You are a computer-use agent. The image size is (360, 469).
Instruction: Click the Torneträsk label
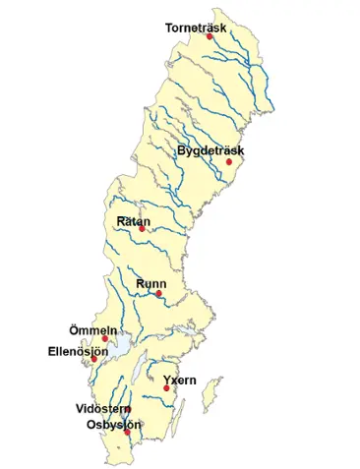point(197,28)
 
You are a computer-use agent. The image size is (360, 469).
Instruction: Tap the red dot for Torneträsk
point(210,36)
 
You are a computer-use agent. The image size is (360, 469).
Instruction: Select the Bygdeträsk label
point(210,151)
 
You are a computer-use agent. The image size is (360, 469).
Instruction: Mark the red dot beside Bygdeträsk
point(228,162)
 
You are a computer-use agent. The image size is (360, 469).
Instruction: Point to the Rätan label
point(134,222)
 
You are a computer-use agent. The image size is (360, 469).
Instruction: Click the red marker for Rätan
point(142,230)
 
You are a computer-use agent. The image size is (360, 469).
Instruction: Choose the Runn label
point(150,283)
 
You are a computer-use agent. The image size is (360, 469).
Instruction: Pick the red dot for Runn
point(157,293)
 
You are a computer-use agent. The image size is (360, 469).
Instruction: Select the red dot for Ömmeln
point(105,339)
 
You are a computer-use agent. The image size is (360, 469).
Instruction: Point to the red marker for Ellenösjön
point(93,359)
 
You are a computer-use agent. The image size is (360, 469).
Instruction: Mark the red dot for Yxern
point(166,388)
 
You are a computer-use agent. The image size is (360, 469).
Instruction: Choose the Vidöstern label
point(101,408)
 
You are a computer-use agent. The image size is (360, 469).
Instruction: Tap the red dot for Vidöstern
point(128,409)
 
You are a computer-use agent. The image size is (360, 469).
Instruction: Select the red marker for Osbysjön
point(127,432)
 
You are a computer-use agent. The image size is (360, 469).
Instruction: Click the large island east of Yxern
point(208,397)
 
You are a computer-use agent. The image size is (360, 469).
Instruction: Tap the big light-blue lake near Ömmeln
point(118,345)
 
